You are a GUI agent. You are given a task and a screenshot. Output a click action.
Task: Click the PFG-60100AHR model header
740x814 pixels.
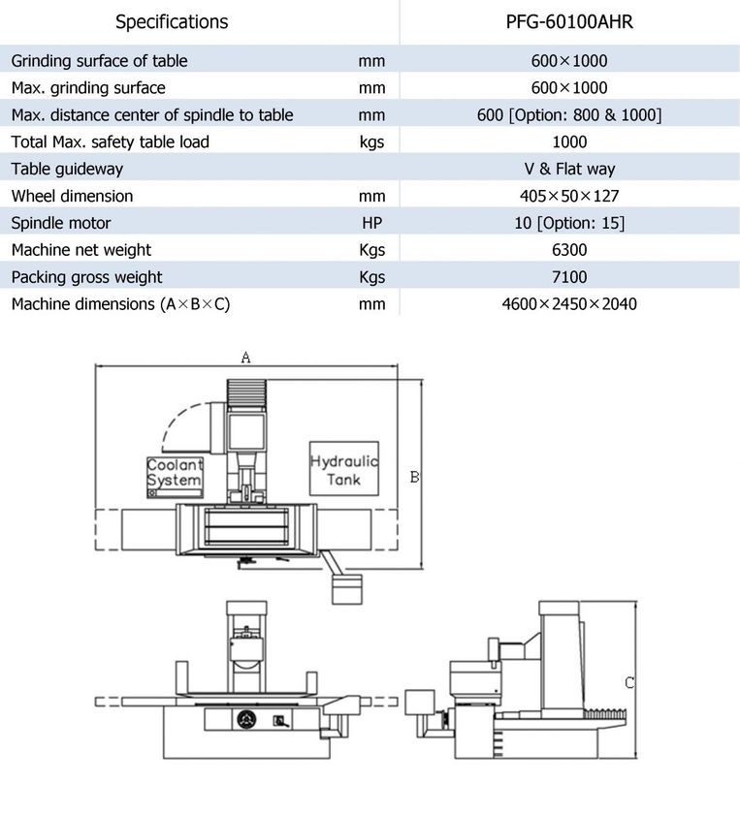[x=569, y=21]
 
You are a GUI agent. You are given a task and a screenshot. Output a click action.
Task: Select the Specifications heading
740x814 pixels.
[x=172, y=21]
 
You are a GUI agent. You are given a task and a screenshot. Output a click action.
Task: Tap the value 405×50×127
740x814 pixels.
[x=569, y=196]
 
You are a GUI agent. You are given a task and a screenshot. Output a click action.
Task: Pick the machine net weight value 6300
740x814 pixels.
[x=569, y=250]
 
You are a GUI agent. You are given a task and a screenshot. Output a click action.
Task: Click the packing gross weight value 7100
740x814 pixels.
[x=569, y=277]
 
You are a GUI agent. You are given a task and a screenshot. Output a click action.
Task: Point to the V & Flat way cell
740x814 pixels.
[x=569, y=169]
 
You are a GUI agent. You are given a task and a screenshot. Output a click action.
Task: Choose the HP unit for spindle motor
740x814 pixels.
[x=372, y=223]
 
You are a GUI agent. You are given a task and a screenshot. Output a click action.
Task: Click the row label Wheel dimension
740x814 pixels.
[x=72, y=196]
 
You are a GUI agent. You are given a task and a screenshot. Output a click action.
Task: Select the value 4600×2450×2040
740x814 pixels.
[x=569, y=303]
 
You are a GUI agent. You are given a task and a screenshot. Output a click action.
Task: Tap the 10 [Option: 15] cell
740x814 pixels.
[x=569, y=223]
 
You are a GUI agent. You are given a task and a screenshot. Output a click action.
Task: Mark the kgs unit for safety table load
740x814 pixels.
[x=371, y=141]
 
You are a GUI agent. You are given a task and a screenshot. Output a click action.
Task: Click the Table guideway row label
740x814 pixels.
[x=67, y=170]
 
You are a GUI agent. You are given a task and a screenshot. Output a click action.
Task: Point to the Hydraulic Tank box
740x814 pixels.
[x=344, y=469]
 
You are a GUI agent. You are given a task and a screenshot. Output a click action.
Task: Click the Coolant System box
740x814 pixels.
[x=175, y=477]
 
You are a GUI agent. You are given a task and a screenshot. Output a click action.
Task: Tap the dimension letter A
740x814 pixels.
[x=245, y=358]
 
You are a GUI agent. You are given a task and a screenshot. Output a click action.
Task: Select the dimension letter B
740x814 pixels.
[x=414, y=477]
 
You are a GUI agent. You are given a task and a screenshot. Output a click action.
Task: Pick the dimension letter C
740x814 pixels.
[x=629, y=682]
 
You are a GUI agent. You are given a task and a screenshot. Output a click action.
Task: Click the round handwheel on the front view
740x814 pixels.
[x=246, y=719]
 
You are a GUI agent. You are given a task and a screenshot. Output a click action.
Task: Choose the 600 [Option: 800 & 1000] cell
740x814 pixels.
[x=569, y=114]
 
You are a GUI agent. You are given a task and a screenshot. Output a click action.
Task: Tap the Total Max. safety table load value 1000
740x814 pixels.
[x=569, y=141]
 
